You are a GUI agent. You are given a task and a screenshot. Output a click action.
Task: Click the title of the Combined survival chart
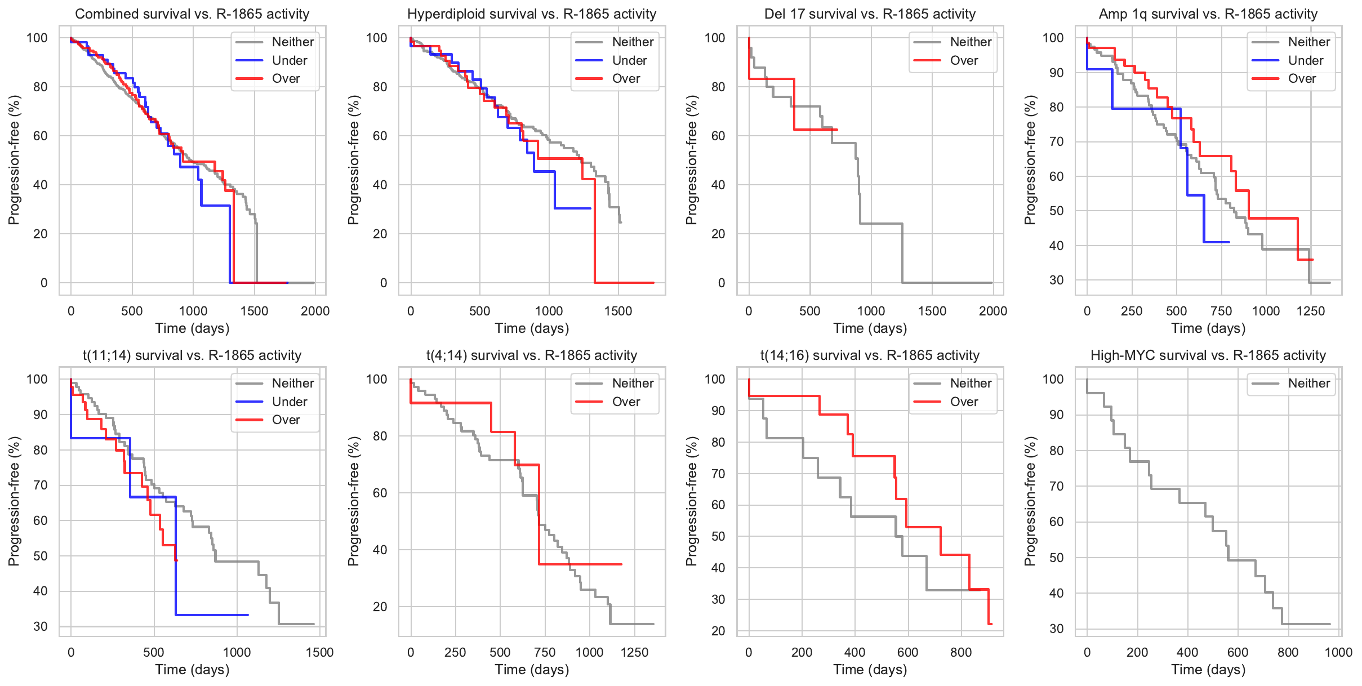click(x=192, y=14)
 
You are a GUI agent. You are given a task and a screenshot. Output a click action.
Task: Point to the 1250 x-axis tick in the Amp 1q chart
click(x=1311, y=311)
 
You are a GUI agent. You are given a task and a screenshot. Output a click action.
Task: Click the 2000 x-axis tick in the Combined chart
click(x=315, y=311)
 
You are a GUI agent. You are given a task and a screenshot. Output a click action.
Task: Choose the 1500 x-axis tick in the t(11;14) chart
click(x=319, y=652)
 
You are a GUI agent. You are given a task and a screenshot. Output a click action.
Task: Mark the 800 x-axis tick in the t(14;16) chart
click(x=961, y=652)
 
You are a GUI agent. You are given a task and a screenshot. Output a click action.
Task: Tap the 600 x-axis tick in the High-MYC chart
click(x=1238, y=652)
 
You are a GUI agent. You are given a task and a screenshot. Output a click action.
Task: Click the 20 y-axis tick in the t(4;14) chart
click(x=381, y=607)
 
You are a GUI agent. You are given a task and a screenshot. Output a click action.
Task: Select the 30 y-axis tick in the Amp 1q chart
click(x=1056, y=280)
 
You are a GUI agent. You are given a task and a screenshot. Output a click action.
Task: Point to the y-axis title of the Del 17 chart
click(x=692, y=160)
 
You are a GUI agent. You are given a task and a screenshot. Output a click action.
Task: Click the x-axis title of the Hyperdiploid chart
click(x=532, y=328)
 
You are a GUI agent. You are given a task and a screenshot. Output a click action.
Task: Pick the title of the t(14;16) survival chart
click(x=870, y=355)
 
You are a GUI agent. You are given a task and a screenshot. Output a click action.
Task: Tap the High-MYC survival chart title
click(x=1208, y=355)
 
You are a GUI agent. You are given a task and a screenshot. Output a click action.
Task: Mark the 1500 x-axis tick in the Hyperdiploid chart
click(x=618, y=311)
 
